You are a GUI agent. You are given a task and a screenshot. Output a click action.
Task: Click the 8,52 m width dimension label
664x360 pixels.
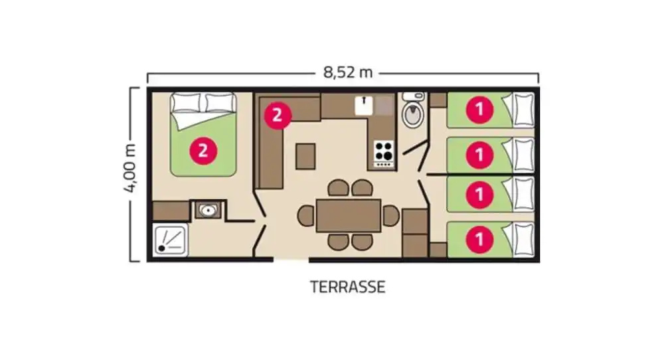pyautogui.click(x=348, y=72)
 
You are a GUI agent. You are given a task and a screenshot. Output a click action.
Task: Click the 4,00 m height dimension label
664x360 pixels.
pyautogui.click(x=130, y=168)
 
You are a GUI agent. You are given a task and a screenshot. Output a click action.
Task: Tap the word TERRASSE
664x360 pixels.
pyautogui.click(x=348, y=287)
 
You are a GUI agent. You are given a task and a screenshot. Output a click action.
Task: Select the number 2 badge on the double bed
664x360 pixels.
pyautogui.click(x=203, y=151)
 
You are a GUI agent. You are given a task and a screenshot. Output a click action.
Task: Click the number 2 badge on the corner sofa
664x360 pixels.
pyautogui.click(x=278, y=115)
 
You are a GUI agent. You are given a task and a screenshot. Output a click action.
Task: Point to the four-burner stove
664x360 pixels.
pyautogui.click(x=384, y=153)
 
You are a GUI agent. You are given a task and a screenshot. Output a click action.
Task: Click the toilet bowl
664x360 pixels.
pyautogui.click(x=413, y=114)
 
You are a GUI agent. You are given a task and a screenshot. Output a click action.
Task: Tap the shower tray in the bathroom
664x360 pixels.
pyautogui.click(x=170, y=240)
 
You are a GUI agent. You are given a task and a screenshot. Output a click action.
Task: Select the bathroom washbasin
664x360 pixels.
pyautogui.click(x=207, y=210)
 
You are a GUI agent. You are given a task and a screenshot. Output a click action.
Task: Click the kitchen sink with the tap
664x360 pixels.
pyautogui.click(x=364, y=106)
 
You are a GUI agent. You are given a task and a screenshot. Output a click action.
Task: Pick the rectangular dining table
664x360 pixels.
pyautogui.click(x=349, y=216)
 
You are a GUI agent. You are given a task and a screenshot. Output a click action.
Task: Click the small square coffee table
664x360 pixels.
pyautogui.click(x=305, y=156)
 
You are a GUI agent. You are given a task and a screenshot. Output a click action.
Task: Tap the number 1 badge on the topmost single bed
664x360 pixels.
pyautogui.click(x=479, y=110)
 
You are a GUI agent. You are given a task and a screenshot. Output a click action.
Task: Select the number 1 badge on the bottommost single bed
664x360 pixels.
pyautogui.click(x=479, y=239)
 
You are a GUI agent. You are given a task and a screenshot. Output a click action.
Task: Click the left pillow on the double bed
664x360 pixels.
pyautogui.click(x=187, y=103)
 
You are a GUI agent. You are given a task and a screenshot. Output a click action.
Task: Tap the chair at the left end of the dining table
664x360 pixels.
pyautogui.click(x=305, y=216)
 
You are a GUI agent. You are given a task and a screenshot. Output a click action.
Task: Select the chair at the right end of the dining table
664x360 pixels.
pyautogui.click(x=391, y=216)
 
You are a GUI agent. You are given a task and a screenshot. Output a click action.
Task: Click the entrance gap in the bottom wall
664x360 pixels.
pyautogui.click(x=291, y=260)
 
